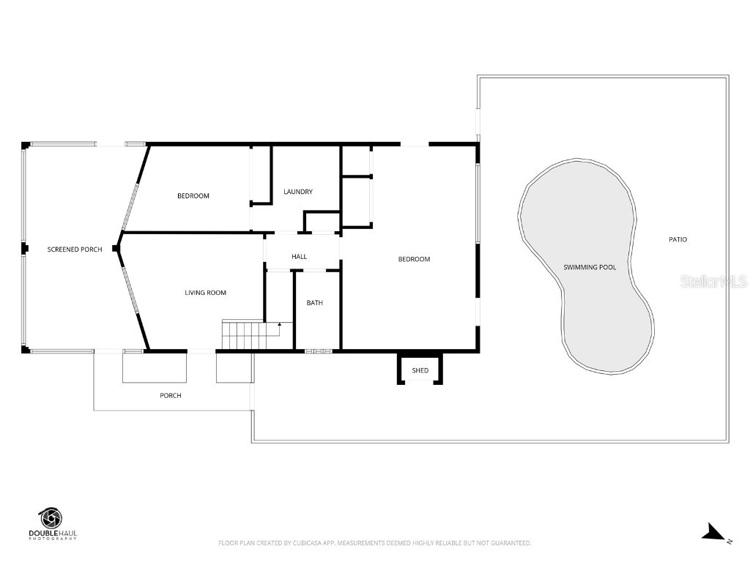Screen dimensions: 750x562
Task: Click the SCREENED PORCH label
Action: (x=75, y=250)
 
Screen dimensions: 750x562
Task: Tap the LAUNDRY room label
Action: (x=298, y=192)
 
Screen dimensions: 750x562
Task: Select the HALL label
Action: (x=300, y=257)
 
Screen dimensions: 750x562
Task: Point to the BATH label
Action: (x=315, y=302)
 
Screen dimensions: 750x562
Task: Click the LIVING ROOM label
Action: (x=206, y=293)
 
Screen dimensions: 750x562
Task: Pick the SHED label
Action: (x=420, y=370)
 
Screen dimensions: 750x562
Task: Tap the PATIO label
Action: (x=677, y=239)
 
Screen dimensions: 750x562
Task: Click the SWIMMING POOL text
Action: (x=590, y=267)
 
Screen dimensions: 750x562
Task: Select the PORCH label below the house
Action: (x=171, y=396)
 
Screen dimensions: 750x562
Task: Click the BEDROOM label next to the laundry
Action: (x=193, y=196)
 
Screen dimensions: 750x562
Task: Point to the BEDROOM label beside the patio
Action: (x=415, y=259)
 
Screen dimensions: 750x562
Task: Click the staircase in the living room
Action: (x=251, y=335)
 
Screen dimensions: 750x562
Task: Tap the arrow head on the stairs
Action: (x=279, y=325)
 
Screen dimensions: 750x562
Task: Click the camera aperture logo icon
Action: (x=51, y=519)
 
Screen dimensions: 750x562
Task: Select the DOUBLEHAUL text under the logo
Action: (x=53, y=533)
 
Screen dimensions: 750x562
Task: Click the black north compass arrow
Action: (x=713, y=532)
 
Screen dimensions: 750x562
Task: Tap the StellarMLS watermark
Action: (x=713, y=281)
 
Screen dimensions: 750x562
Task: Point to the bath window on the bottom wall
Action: (x=319, y=352)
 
